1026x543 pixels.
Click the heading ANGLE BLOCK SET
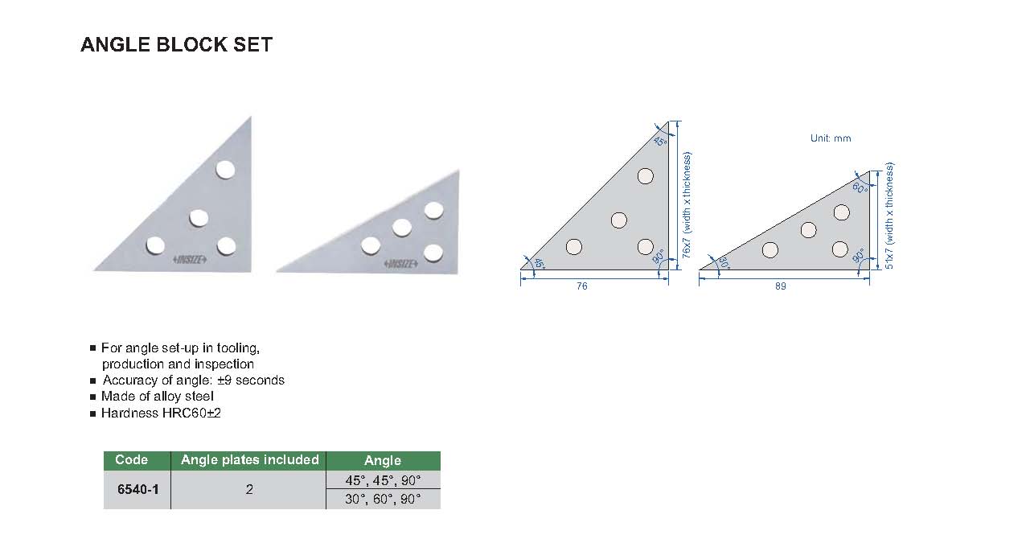[176, 45]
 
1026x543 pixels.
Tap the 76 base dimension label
[581, 286]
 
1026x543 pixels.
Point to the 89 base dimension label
[781, 286]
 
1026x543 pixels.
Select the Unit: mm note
[831, 138]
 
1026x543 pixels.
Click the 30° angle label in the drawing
[724, 262]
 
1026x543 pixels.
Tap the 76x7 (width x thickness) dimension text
[686, 205]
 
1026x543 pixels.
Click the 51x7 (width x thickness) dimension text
[889, 216]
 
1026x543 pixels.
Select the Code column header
[131, 459]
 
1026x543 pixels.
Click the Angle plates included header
[249, 459]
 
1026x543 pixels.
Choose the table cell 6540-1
[137, 489]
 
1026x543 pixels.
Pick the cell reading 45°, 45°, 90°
[383, 480]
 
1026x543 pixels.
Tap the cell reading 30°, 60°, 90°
[383, 499]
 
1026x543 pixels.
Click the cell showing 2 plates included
[249, 489]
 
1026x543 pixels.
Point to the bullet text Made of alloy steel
[157, 397]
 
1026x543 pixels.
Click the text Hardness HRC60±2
[161, 413]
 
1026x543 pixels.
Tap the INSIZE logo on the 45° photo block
[190, 260]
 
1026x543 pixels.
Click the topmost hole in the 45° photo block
[225, 170]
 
